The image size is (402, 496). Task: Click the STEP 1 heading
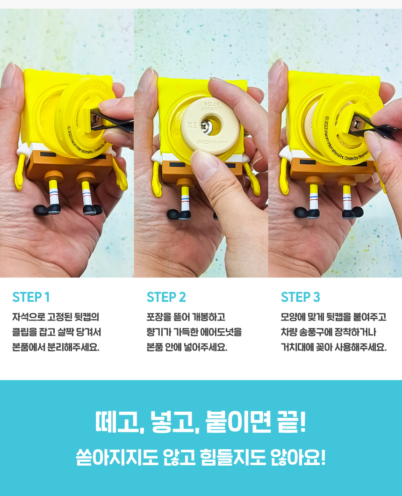click(31, 297)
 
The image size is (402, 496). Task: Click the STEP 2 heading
click(166, 297)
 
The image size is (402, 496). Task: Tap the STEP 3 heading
click(301, 297)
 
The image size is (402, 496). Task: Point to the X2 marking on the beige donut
click(192, 125)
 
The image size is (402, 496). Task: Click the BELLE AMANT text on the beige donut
click(211, 106)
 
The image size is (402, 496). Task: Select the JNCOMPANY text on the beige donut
click(212, 142)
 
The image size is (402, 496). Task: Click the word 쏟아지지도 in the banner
click(117, 458)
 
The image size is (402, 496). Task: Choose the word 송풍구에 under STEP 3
click(315, 332)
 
